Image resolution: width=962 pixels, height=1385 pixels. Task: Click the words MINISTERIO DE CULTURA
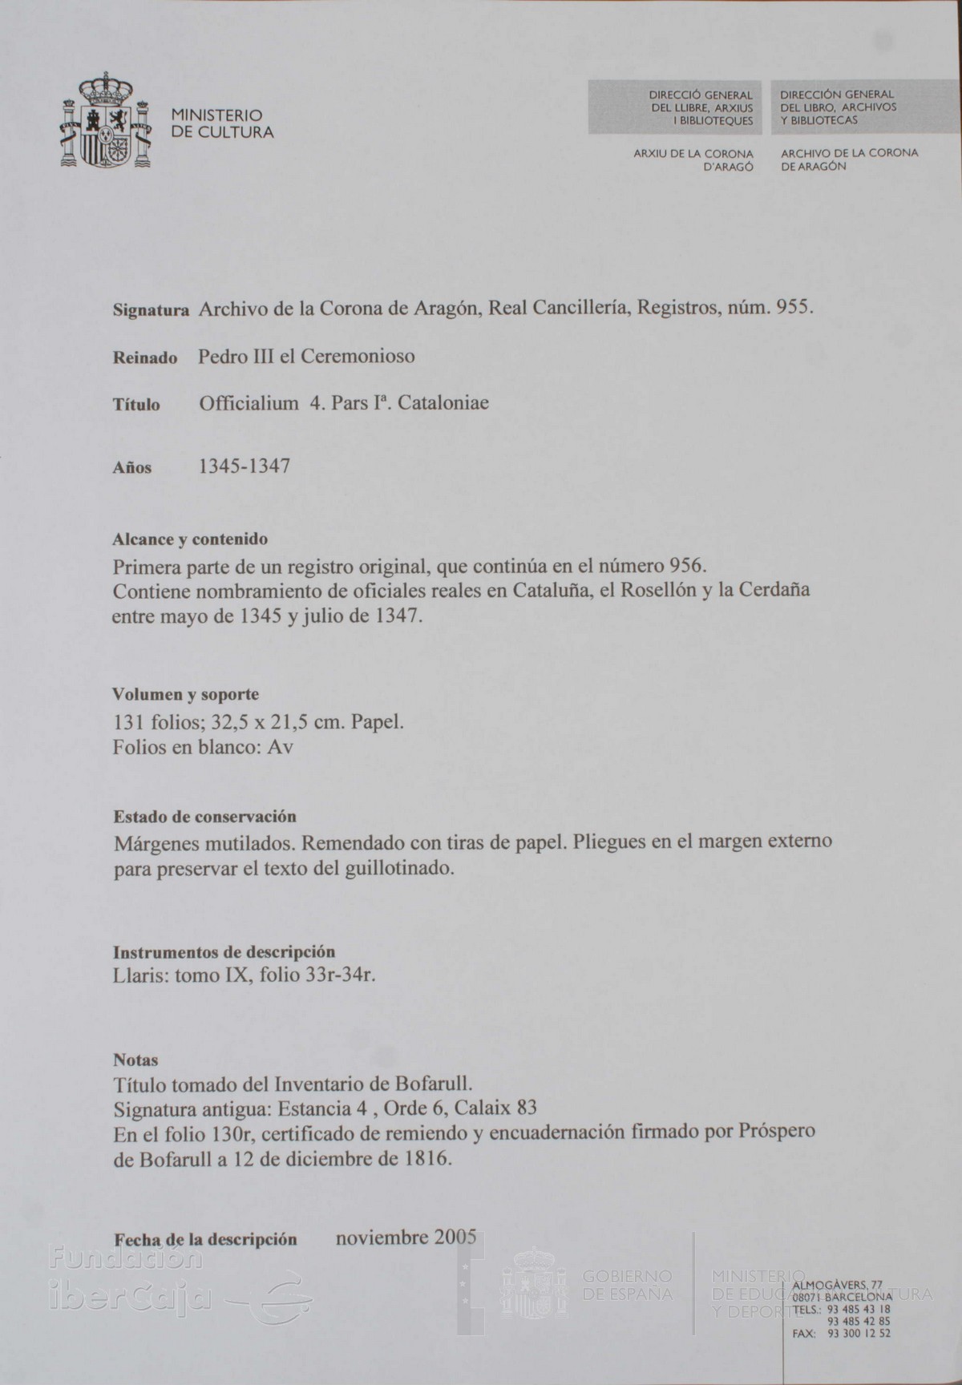tap(222, 123)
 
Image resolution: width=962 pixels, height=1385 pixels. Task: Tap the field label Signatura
tap(151, 310)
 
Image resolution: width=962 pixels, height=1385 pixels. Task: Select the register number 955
tap(794, 308)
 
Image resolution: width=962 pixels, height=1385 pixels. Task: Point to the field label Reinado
tap(145, 358)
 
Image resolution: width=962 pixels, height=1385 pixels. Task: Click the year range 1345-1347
tap(244, 466)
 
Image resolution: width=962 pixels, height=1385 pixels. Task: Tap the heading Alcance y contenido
tap(190, 539)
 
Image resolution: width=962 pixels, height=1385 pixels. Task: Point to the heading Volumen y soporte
tap(185, 694)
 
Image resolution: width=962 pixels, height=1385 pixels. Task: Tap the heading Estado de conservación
tap(204, 817)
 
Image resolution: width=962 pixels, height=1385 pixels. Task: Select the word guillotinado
tap(402, 868)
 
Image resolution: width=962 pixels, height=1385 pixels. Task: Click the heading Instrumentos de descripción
tap(224, 952)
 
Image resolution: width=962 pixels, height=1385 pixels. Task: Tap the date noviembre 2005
tap(406, 1237)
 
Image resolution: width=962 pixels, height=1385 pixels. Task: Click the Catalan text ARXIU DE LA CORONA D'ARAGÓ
tap(693, 159)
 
